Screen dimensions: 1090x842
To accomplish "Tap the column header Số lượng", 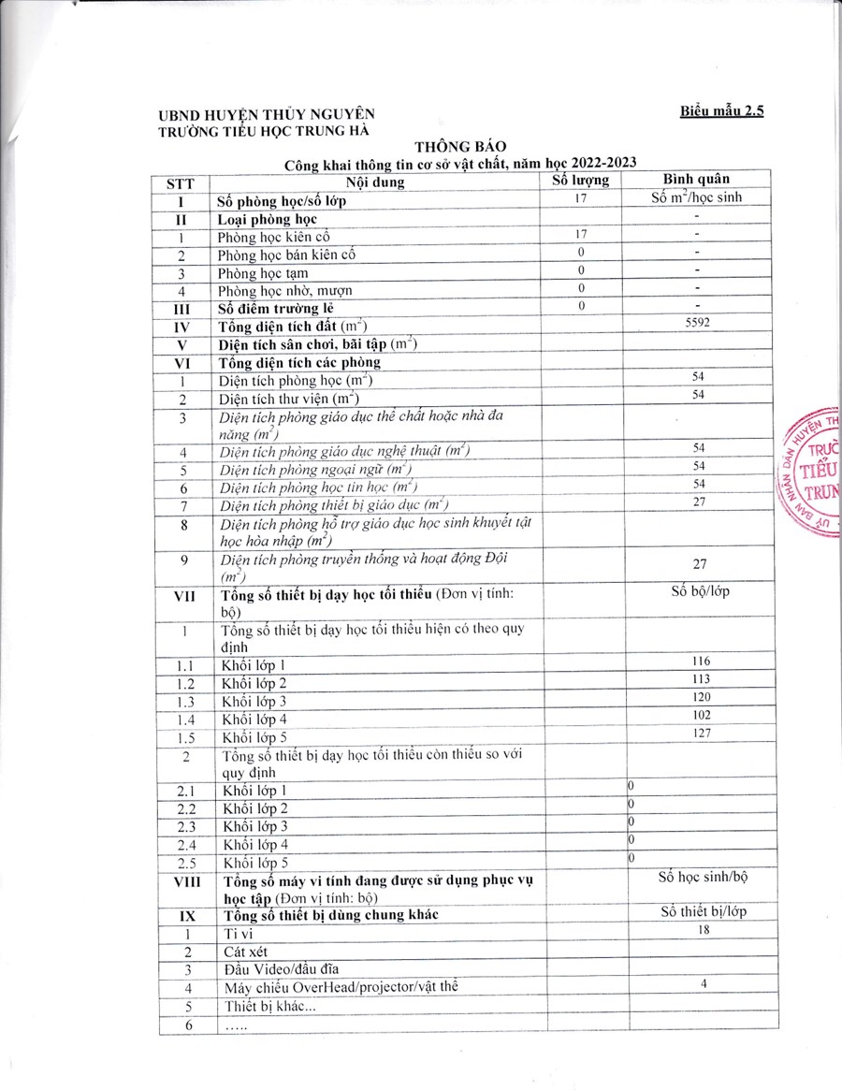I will click(580, 180).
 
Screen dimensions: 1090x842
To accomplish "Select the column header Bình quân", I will click(697, 179).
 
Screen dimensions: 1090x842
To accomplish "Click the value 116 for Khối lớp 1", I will click(701, 661).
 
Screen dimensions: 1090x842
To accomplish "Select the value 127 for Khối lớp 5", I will click(701, 733).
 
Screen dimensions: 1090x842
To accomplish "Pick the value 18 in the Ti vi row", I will click(704, 932).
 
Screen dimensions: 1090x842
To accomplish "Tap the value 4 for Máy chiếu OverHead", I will click(704, 984).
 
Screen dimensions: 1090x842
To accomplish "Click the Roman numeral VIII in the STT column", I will click(185, 882).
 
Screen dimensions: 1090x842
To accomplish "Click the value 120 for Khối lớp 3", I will click(701, 697).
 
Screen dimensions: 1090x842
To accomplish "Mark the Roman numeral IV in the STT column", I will click(183, 327).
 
